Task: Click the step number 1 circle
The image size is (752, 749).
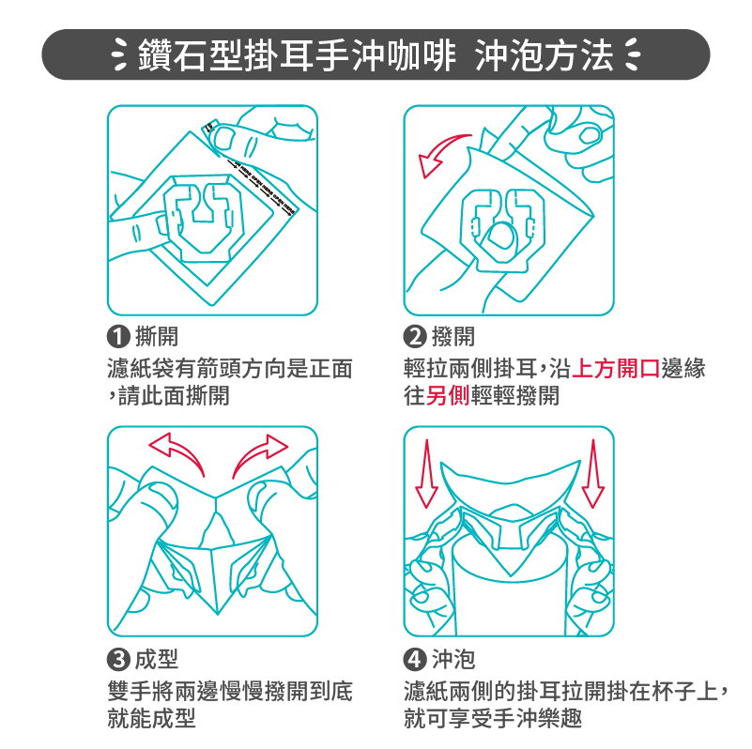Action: click(x=118, y=337)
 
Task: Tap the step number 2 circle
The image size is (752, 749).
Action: click(x=415, y=337)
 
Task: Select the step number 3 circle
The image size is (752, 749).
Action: click(x=118, y=659)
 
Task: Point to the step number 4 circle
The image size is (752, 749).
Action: click(x=415, y=659)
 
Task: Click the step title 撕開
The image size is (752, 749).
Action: click(x=157, y=337)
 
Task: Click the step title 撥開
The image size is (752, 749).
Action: click(x=453, y=337)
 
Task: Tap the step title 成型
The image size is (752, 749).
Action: click(x=157, y=659)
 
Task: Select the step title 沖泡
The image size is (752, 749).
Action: click(x=453, y=659)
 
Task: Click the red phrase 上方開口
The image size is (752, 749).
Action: click(x=616, y=369)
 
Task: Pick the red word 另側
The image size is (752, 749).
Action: click(x=448, y=396)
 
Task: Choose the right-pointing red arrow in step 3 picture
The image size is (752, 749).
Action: click(x=259, y=451)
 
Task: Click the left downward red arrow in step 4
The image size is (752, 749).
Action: click(x=426, y=474)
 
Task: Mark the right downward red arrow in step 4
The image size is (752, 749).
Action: click(x=593, y=474)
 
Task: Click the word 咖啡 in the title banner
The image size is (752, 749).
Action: click(x=420, y=55)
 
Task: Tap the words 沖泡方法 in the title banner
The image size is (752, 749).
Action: click(x=545, y=55)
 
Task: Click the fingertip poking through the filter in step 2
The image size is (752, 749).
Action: click(x=499, y=235)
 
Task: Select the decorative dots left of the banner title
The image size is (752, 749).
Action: click(x=119, y=54)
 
